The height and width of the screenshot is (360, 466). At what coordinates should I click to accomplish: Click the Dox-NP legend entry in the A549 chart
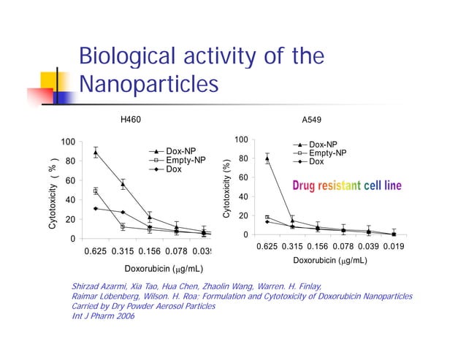323,145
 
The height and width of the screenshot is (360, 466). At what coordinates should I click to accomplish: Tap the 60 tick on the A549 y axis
244,178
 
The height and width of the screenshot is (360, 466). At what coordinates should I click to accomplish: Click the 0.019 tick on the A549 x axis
394,248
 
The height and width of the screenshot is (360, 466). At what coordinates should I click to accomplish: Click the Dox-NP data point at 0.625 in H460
96,153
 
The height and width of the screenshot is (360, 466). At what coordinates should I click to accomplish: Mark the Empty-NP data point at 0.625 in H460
96,191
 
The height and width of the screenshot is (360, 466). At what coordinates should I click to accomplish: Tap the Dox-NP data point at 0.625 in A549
267,158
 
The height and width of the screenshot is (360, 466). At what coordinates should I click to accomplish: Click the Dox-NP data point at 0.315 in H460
123,185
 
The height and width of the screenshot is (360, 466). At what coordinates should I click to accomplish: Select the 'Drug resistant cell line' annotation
347,186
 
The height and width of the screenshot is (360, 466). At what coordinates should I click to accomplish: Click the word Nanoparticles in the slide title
148,85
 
